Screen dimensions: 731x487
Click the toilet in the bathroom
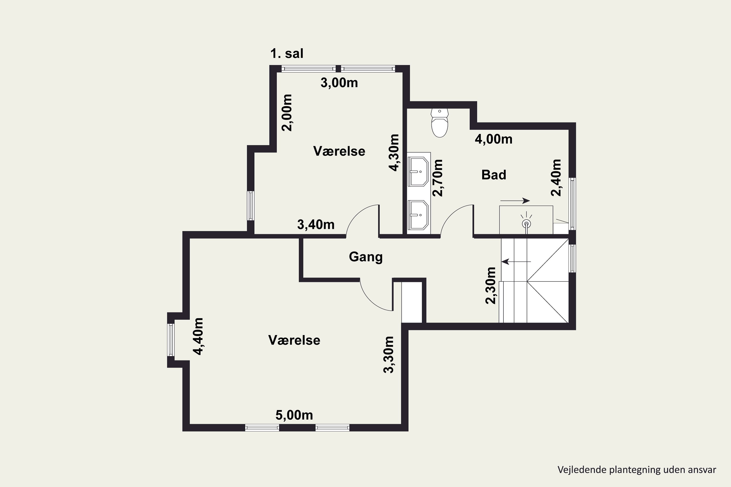click(x=440, y=123)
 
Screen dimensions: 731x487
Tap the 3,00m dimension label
click(x=339, y=83)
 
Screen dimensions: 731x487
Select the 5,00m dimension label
click(x=294, y=415)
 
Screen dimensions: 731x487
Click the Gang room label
click(x=366, y=257)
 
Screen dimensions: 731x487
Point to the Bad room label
click(x=494, y=175)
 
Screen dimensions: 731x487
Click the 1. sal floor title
click(x=287, y=53)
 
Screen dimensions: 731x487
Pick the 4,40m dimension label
click(x=198, y=336)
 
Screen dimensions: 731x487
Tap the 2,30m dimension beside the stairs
click(x=491, y=285)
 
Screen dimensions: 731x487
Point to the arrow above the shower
click(x=515, y=201)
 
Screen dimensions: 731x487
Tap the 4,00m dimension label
click(x=494, y=139)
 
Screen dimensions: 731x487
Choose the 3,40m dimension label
click(x=316, y=224)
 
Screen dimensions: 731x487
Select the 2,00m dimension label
click(x=287, y=113)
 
